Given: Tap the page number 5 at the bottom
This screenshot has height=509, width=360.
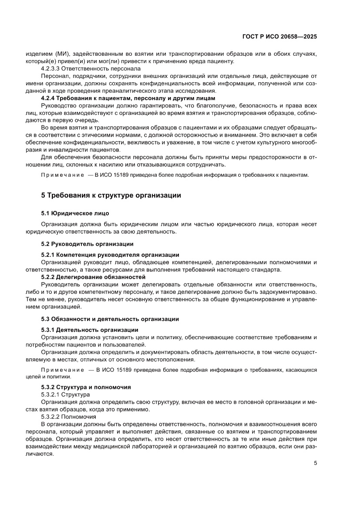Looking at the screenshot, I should coord(315,463).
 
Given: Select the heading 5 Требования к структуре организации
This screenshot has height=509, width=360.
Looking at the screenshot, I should coord(111,196).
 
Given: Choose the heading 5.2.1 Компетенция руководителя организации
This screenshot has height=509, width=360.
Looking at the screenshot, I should coord(110,255).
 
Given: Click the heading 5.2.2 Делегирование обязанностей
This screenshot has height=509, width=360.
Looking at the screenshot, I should coord(93,277).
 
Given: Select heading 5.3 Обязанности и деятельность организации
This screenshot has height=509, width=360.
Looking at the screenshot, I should coord(110,319).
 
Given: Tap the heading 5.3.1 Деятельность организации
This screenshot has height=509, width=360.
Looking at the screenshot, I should coord(90,330).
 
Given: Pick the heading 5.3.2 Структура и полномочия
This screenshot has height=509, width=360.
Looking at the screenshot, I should coord(86,387).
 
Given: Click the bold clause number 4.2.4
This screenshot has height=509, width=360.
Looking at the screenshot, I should coord(48,98).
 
